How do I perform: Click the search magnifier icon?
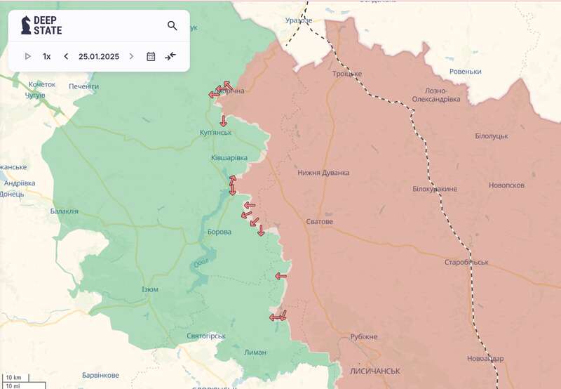[173, 26]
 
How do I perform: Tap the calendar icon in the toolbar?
[151, 56]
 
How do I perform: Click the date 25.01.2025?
[98, 56]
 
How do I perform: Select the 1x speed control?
[46, 56]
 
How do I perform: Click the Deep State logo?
[41, 26]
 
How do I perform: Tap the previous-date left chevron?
[66, 56]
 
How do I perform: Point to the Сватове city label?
[320, 222]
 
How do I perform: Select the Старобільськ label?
[466, 263]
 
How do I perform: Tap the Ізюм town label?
[150, 289]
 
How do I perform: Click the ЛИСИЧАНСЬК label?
[374, 370]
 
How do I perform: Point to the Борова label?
[219, 232]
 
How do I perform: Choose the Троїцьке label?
[347, 74]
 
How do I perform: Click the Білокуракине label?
[435, 190]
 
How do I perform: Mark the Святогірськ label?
[206, 336]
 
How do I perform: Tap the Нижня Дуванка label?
[323, 173]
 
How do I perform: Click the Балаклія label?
[65, 211]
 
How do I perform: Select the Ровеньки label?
[466, 72]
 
